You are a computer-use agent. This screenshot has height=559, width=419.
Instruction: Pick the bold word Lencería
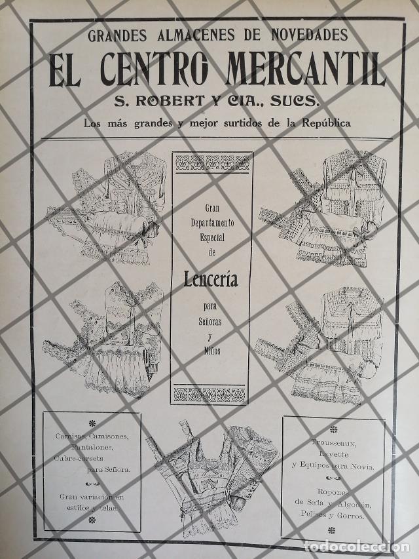(211, 280)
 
